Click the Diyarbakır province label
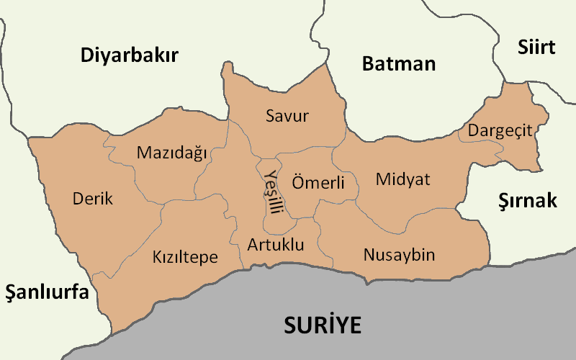point(129,55)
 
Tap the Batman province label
point(399,63)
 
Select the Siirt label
point(536,48)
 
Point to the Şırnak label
point(528,201)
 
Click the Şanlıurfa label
point(47,293)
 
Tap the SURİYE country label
point(322,325)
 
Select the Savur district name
point(287,116)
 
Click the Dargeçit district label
point(500,130)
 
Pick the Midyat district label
point(402,179)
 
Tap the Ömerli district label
point(318,182)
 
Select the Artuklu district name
point(276,245)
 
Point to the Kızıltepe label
point(185,257)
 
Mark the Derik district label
point(93,199)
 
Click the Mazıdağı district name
point(171,153)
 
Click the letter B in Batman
point(368,63)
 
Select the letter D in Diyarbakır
point(87,55)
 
